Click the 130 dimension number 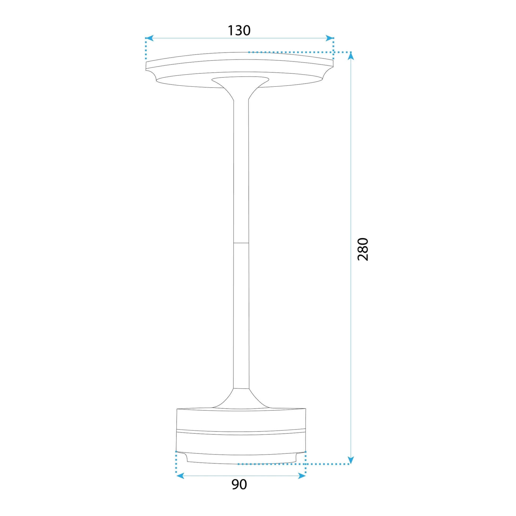(x=239, y=30)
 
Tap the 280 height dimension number (x=363, y=249)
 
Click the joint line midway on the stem (x=241, y=243)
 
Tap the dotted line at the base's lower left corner (x=176, y=466)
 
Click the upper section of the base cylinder (x=241, y=421)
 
